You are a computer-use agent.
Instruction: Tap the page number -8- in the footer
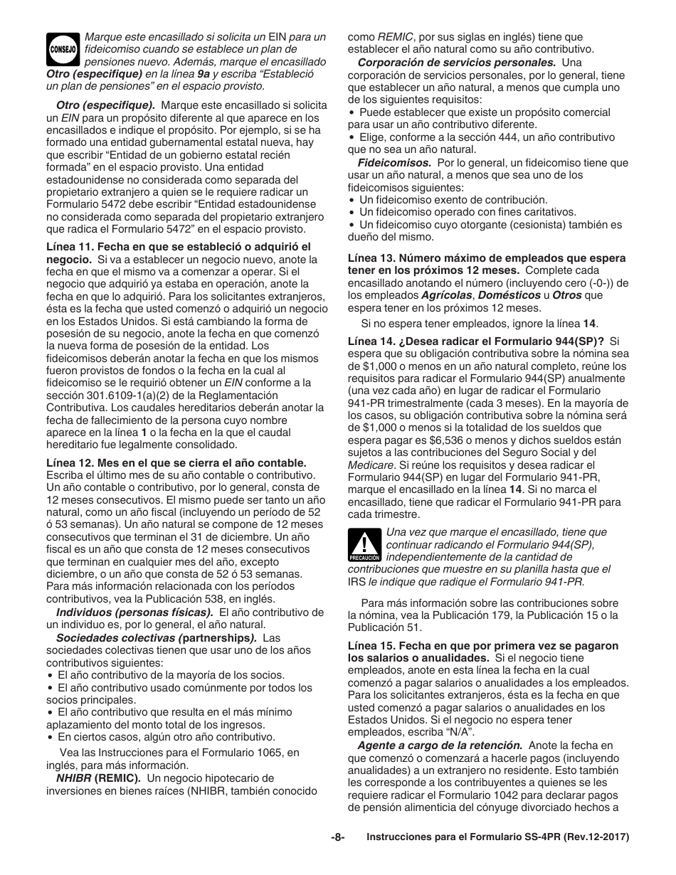[337, 838]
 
